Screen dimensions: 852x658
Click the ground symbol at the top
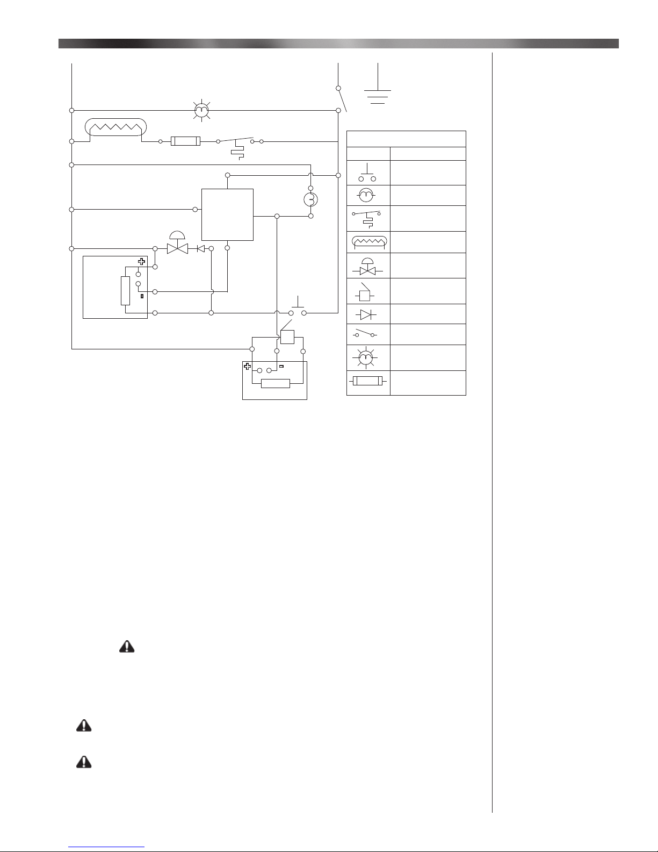click(378, 96)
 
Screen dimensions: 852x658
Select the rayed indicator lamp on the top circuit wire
click(201, 111)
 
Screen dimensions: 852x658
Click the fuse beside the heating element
click(185, 141)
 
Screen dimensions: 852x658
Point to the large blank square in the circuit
click(227, 214)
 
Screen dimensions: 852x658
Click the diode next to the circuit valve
click(201, 249)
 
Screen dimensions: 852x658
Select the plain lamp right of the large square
click(310, 199)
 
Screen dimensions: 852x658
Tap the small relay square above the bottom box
click(287, 337)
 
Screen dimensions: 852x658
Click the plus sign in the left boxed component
click(141, 262)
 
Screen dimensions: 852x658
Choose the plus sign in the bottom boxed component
click(248, 367)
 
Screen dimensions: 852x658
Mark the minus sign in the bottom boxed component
click(281, 367)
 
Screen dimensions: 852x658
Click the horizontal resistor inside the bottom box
click(275, 383)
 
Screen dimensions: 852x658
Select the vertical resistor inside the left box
click(125, 291)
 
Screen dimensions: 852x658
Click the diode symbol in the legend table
click(368, 313)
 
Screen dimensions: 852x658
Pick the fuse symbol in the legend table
click(368, 382)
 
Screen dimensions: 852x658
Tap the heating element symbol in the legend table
click(368, 243)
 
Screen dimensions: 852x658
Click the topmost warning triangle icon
click(126, 647)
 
